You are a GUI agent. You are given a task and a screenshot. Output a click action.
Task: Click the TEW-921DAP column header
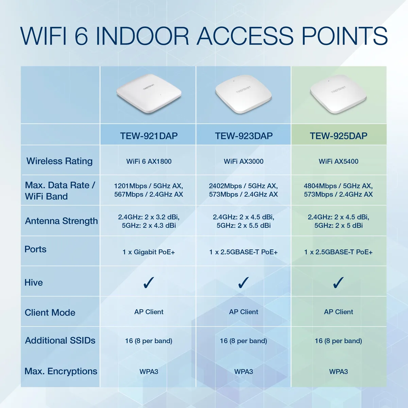click(149, 136)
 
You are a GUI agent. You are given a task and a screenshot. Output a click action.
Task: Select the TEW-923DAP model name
click(244, 136)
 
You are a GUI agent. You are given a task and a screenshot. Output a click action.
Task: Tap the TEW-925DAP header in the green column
click(339, 136)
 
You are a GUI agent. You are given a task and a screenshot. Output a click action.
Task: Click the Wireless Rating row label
click(60, 161)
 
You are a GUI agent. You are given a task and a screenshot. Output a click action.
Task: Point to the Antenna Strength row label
click(62, 221)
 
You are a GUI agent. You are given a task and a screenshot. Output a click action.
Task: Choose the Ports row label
click(35, 249)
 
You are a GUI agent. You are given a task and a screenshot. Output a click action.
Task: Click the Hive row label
click(34, 283)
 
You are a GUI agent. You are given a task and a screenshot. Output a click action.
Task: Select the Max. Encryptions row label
click(61, 371)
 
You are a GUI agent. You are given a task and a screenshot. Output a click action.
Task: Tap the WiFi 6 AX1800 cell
click(149, 161)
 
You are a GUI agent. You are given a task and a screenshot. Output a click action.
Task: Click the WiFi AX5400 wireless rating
click(339, 161)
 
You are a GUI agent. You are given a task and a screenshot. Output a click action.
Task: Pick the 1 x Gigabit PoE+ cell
click(149, 252)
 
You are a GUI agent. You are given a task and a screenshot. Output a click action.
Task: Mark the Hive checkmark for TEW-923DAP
click(243, 283)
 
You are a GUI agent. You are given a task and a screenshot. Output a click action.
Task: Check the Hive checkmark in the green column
click(338, 283)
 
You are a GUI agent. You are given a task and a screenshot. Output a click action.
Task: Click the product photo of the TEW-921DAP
click(149, 93)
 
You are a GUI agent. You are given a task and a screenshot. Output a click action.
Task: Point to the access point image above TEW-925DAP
click(338, 94)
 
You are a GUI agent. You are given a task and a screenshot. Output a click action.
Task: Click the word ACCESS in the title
click(245, 36)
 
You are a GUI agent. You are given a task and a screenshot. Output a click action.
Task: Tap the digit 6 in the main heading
click(81, 36)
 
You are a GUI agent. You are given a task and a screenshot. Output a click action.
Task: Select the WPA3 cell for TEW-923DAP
click(243, 372)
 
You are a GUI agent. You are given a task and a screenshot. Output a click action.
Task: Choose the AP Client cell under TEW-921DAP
click(149, 312)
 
